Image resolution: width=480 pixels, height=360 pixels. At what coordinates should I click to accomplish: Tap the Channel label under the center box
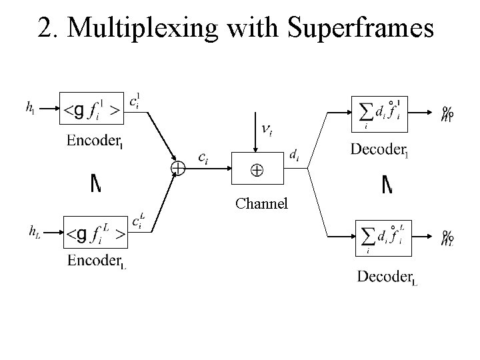[x=261, y=203]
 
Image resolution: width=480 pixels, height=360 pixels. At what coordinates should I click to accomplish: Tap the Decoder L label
[x=387, y=277]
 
